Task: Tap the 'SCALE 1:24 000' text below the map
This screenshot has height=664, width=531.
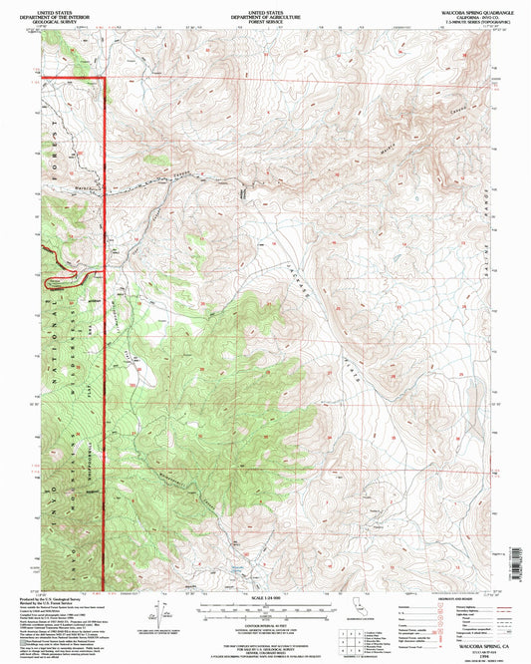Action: (x=265, y=597)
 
